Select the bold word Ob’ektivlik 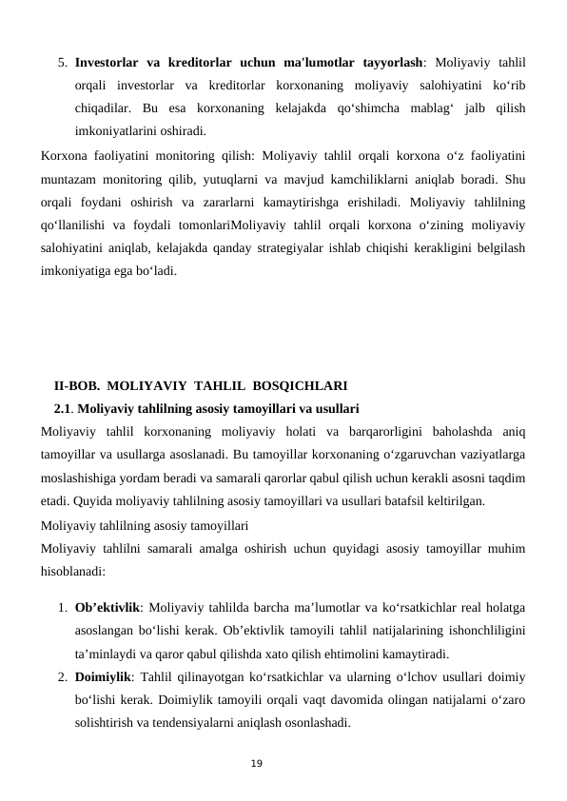[108, 607]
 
